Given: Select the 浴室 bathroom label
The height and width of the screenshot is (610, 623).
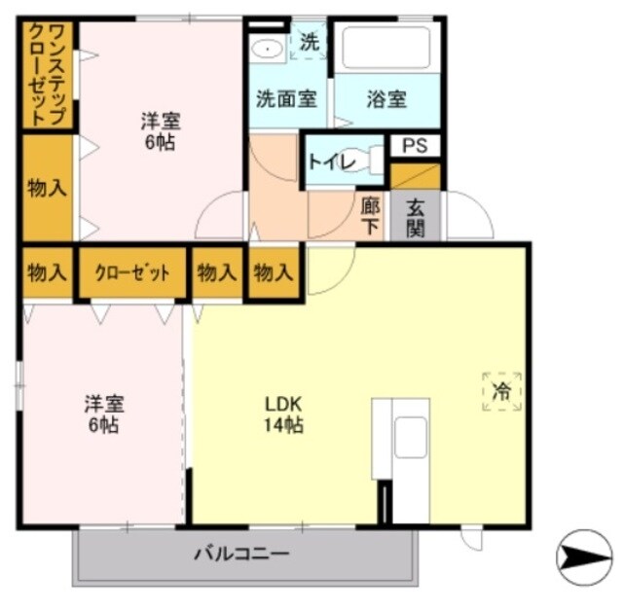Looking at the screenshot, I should pyautogui.click(x=386, y=99).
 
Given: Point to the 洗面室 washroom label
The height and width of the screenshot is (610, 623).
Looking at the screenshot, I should pyautogui.click(x=285, y=99).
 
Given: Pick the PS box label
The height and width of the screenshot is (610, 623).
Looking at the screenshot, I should pyautogui.click(x=415, y=146).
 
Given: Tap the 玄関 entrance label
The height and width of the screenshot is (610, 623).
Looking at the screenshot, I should pyautogui.click(x=415, y=215).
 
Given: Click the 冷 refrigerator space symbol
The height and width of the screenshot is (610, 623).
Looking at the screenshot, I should pyautogui.click(x=501, y=391).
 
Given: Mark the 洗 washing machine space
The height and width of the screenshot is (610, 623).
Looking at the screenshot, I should pyautogui.click(x=309, y=42).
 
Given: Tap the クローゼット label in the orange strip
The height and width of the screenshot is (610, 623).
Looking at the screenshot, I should pyautogui.click(x=132, y=272).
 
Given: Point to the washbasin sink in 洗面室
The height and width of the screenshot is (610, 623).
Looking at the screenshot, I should pyautogui.click(x=265, y=48).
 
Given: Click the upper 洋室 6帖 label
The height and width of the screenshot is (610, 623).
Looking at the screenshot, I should pyautogui.click(x=160, y=132).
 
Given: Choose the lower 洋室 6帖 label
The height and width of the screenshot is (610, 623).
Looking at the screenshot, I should pyautogui.click(x=102, y=414).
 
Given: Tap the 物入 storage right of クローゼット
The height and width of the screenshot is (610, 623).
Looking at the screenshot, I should pyautogui.click(x=216, y=272).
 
